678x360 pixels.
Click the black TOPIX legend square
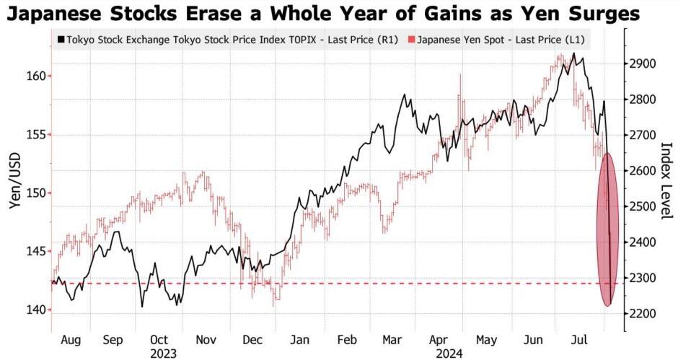click(x=61, y=40)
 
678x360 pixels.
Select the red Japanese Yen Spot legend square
click(x=411, y=40)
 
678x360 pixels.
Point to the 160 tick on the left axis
click(x=36, y=76)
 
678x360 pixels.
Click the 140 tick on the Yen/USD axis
click(x=36, y=309)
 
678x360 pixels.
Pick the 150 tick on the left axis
click(x=36, y=193)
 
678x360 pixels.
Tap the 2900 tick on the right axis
click(x=644, y=64)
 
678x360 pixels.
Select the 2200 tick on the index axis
click(x=644, y=313)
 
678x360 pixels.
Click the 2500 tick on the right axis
click(x=644, y=206)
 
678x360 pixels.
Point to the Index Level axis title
click(x=668, y=180)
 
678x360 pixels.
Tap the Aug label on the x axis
click(x=71, y=340)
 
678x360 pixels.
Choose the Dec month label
click(x=252, y=340)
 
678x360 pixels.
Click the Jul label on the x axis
click(x=579, y=340)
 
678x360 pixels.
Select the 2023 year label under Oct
click(x=163, y=354)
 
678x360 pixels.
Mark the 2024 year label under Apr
click(x=449, y=354)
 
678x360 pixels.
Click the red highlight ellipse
click(x=599, y=229)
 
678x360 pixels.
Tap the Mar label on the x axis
click(x=392, y=340)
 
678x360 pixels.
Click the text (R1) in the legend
click(x=387, y=40)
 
